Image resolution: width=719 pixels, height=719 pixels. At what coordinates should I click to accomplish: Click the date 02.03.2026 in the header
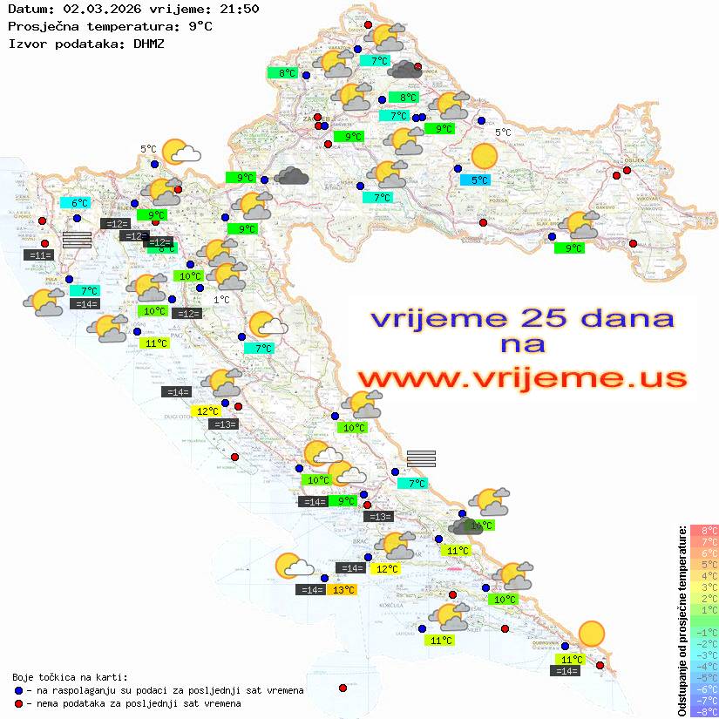coord(96,10)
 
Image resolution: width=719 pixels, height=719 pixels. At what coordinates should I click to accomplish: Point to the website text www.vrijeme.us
coord(521,378)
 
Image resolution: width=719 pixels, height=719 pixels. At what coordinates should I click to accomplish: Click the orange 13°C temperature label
coord(343,590)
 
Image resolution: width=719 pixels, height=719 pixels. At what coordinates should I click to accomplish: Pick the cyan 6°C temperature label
coord(79,202)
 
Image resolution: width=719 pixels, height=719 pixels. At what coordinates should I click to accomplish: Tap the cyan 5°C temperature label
coord(479,180)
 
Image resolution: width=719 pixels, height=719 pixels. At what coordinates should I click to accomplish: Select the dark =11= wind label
coord(39,254)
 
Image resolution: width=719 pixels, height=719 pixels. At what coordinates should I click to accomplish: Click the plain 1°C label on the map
coord(221,300)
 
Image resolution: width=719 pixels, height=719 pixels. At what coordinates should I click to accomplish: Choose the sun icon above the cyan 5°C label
coord(483,157)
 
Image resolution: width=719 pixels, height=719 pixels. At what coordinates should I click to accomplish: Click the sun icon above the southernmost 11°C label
coord(592,634)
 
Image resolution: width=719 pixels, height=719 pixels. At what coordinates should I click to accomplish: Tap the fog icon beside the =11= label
coord(77,240)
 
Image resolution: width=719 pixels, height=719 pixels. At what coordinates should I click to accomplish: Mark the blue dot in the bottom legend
coord(18,690)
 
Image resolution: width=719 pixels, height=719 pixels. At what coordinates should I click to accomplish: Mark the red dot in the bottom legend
coord(18,703)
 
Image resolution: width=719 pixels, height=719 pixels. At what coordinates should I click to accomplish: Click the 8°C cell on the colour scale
coord(704,531)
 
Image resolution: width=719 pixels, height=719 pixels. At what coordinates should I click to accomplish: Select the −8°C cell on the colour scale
coord(704,711)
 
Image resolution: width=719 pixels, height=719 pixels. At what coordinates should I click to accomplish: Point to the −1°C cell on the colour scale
coord(704,632)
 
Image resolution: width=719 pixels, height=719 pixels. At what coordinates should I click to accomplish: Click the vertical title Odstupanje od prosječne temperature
coord(682,621)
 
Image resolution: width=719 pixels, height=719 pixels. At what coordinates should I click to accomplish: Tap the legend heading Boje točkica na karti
coord(70,676)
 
